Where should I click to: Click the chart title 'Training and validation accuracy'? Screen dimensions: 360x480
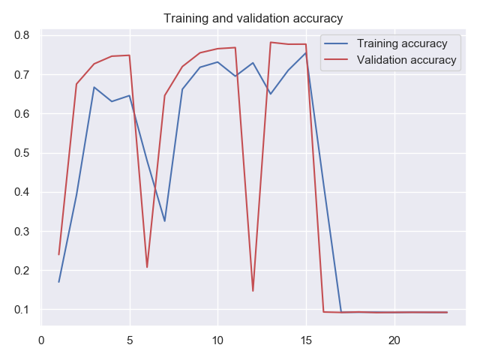(253, 18)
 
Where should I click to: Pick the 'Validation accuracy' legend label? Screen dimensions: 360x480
(406, 60)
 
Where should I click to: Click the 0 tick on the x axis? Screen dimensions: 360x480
(42, 340)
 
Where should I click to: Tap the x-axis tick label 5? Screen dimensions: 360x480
(130, 340)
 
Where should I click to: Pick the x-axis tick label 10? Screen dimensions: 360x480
(217, 340)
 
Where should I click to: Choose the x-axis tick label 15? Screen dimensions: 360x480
(306, 340)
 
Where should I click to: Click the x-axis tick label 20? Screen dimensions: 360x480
(394, 340)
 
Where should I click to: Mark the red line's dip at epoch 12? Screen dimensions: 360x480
(253, 291)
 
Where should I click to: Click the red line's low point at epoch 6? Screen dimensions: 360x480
(147, 267)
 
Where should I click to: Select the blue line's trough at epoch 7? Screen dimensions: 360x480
(165, 220)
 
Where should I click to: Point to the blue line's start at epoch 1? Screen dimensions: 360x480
(59, 282)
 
